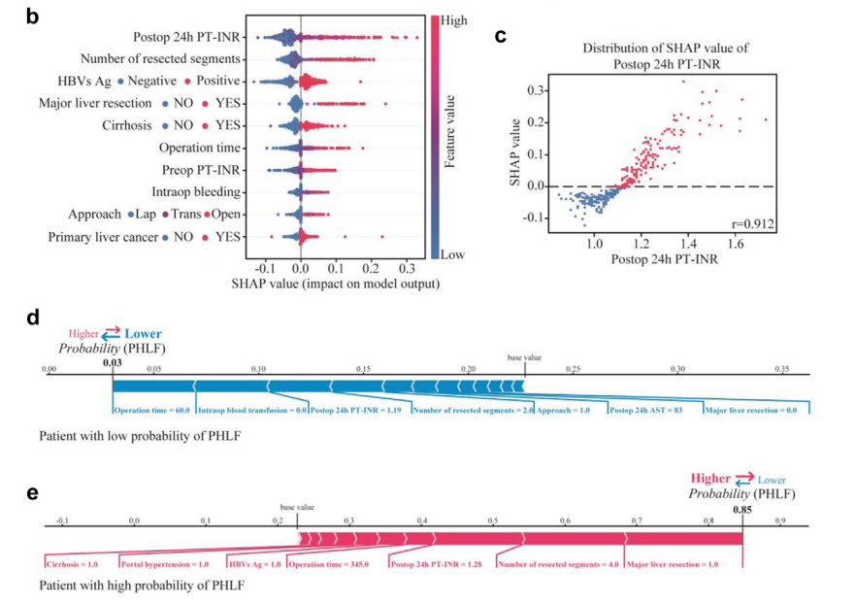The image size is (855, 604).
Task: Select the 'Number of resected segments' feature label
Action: [x=162, y=60]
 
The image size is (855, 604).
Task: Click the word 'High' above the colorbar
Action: [x=453, y=18]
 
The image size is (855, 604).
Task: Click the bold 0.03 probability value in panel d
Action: [x=113, y=363]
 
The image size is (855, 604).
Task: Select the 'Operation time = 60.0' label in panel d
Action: [x=153, y=411]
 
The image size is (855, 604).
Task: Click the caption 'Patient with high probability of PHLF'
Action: [x=143, y=586]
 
